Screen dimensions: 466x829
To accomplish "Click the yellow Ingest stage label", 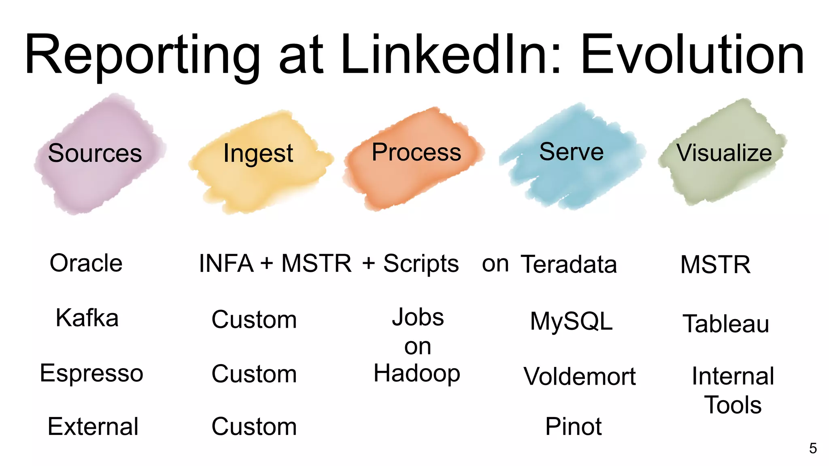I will [x=258, y=154].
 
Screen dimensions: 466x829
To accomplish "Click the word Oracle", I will [x=86, y=263].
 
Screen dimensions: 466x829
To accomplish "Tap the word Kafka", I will [x=87, y=318].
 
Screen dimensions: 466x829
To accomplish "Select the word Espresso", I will [x=91, y=373].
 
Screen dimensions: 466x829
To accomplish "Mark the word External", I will [x=93, y=426].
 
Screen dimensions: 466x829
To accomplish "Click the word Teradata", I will [x=568, y=265].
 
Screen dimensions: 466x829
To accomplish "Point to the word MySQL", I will [x=571, y=322].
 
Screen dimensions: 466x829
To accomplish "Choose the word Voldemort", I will [x=579, y=376].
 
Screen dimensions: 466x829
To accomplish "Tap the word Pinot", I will [x=573, y=426].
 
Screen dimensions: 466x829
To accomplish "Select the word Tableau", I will [x=726, y=324].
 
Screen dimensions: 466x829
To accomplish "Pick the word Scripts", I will [x=421, y=264].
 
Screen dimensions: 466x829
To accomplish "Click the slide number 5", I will [x=813, y=448].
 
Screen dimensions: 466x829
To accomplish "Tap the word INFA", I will [x=226, y=264].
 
